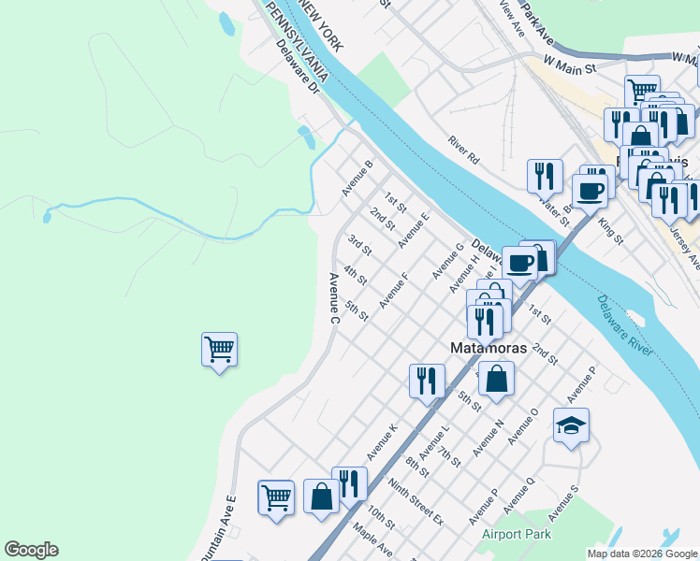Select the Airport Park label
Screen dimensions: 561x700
517,535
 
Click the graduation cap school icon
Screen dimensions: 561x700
571,426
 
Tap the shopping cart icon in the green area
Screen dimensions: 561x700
219,351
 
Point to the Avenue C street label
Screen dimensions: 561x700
333,298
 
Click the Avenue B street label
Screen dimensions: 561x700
357,178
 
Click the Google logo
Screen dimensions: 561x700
31,550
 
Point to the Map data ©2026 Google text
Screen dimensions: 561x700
642,554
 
